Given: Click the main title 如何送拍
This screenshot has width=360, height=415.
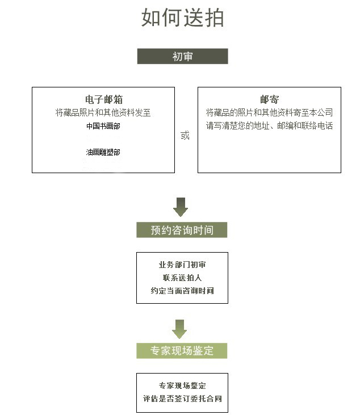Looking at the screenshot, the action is coord(183,18).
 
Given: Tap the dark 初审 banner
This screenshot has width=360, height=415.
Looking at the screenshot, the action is coord(182,56).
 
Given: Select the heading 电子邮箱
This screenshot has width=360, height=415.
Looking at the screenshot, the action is coord(104,99).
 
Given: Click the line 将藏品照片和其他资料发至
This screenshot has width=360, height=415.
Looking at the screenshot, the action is coord(103,112).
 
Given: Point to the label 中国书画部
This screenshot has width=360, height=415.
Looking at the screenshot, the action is coord(103,126).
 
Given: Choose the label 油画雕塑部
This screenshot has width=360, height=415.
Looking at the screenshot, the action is coord(103,152).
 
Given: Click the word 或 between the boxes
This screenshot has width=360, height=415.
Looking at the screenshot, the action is coord(185,135).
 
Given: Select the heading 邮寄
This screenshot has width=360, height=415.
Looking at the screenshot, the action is coord(270,99).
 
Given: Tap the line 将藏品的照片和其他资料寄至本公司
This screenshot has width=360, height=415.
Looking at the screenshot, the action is coord(270,112).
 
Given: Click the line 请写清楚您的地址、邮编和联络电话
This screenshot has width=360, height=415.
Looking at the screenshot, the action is coord(270,125).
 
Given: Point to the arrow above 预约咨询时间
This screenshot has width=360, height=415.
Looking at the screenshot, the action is coord(181,207).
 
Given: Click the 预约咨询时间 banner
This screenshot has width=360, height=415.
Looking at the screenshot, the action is coord(182,230).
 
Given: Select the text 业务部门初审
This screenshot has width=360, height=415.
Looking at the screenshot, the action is coord(182,265).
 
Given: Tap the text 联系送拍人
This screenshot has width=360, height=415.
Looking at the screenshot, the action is coord(182,278).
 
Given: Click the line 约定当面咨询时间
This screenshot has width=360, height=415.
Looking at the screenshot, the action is coord(182,291).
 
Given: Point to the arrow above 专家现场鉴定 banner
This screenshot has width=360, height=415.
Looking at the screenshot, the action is coord(179,329).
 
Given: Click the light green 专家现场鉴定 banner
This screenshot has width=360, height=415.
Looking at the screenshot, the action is coord(182,351).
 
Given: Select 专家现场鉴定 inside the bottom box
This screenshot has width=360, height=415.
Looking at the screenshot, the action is coord(182,385).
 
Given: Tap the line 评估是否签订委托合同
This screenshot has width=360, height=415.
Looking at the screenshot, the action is coord(182,399).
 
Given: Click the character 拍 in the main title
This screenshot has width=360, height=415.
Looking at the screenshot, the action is coord(214,18).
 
